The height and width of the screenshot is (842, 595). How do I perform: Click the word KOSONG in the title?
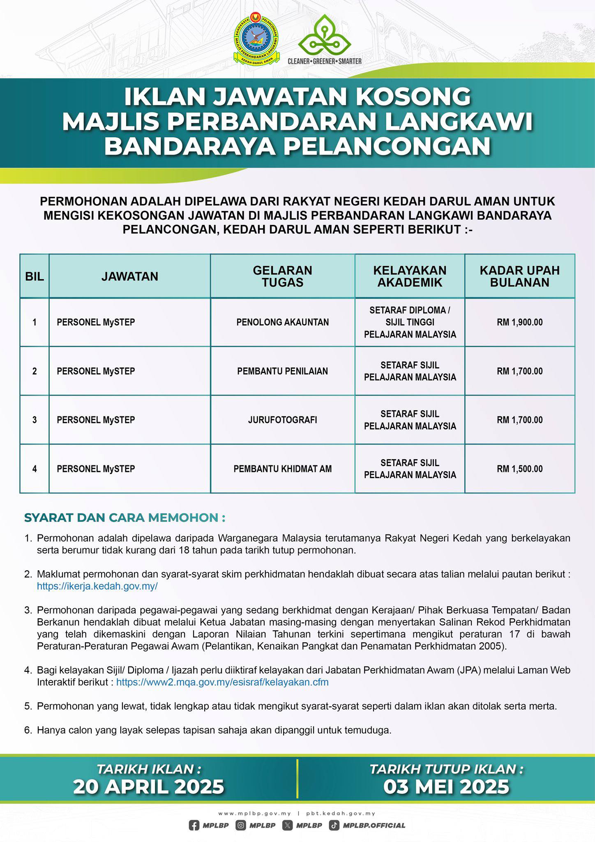pos(413,97)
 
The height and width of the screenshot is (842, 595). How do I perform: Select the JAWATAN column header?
pos(129,276)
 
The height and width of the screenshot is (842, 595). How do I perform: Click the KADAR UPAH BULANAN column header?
pos(519,276)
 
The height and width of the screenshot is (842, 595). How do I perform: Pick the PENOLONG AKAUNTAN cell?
pos(282,322)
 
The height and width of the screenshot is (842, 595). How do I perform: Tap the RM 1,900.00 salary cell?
pos(519,322)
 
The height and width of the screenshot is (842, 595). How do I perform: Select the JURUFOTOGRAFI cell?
pos(282,420)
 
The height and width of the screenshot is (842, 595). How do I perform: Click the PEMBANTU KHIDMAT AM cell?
pos(282,469)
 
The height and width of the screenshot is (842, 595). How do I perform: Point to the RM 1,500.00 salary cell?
pos(519,469)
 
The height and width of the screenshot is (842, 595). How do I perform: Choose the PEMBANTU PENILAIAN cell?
pos(282,371)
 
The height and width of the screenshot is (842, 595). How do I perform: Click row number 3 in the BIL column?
pos(35,420)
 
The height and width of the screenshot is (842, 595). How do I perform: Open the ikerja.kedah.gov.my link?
pos(97,586)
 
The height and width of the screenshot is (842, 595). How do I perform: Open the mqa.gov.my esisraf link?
pos(222,682)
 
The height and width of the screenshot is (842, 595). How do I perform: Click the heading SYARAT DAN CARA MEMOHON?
pos(125,518)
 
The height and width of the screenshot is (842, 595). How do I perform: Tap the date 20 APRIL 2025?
pos(149,786)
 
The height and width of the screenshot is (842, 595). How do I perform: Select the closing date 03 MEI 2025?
pos(446,786)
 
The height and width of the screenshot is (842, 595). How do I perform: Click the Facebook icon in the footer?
pos(194,825)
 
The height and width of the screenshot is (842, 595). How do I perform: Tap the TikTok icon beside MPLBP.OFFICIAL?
pos(334,825)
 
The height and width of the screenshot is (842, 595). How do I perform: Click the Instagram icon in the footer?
pos(241,825)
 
